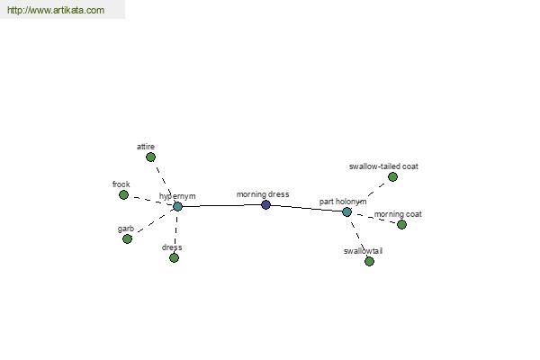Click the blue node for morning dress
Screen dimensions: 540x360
(x=265, y=205)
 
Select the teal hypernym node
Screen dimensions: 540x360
(x=177, y=207)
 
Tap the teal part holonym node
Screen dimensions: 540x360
(x=346, y=211)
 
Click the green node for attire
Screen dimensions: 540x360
(x=150, y=157)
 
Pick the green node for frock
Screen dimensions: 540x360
(x=123, y=195)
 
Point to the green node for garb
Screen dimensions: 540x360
(x=127, y=238)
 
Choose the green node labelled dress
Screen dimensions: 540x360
(x=174, y=257)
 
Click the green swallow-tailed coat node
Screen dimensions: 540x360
(x=392, y=177)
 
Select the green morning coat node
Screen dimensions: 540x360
(x=401, y=225)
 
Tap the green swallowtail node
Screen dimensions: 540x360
(x=369, y=262)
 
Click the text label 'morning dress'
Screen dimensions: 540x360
(x=263, y=194)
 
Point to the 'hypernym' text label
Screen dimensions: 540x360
(x=177, y=196)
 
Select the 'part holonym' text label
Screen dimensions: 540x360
(x=343, y=202)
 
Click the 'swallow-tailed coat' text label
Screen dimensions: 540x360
(x=383, y=166)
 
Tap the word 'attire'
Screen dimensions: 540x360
(x=146, y=147)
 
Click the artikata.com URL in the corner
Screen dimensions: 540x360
(x=56, y=10)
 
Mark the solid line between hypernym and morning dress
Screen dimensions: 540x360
(x=221, y=206)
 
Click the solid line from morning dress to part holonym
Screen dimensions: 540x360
(x=306, y=208)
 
